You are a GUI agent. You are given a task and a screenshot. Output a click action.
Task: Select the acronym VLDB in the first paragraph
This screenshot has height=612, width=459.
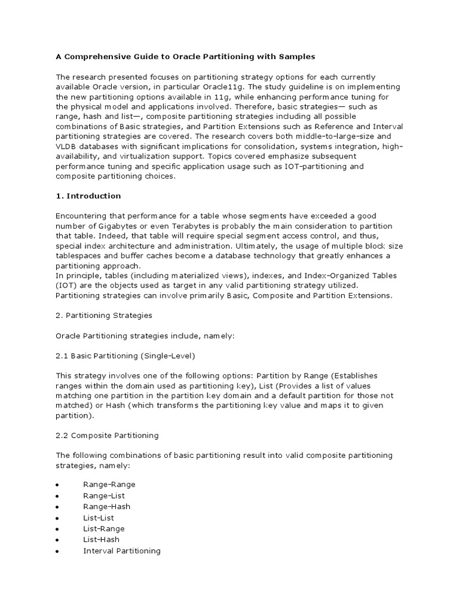point(66,146)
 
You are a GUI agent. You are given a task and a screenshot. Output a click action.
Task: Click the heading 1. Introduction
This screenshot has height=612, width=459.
point(88,196)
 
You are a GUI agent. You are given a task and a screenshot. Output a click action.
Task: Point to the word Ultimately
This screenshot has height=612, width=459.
point(255,246)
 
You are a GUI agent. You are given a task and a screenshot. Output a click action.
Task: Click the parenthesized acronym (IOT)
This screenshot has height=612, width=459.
point(66,285)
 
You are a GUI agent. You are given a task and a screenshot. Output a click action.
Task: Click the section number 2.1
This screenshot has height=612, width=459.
point(62,356)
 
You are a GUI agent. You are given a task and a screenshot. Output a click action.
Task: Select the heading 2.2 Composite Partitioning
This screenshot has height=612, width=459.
point(107,435)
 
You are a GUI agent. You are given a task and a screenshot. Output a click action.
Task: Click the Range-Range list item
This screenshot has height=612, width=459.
point(109,485)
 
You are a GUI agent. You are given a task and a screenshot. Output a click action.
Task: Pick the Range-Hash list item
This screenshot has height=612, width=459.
point(106,507)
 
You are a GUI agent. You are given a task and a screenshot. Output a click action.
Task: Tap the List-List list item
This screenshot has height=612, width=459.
point(98,518)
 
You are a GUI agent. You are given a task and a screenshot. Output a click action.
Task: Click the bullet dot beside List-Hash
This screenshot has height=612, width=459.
point(57,540)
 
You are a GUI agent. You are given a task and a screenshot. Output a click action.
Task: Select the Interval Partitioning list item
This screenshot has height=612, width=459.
point(121,551)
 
